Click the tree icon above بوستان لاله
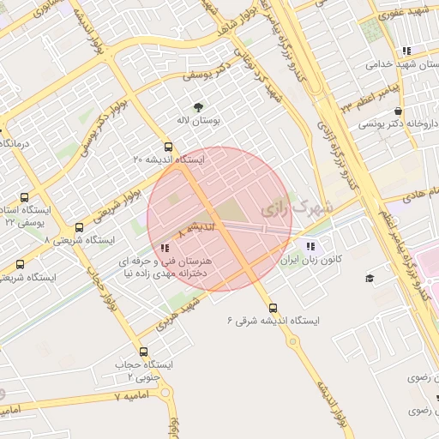click(x=199, y=107)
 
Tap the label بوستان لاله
click(x=199, y=121)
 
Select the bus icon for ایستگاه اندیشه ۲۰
click(x=168, y=146)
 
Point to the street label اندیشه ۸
click(x=191, y=230)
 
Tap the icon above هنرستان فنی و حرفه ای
click(x=165, y=248)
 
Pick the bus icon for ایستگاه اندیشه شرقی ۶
click(x=273, y=308)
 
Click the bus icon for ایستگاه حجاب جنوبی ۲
click(x=142, y=352)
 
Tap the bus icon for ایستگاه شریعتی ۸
click(x=80, y=228)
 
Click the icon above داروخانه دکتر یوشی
click(x=398, y=111)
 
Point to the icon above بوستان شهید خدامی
click(x=406, y=51)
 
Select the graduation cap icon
click(x=370, y=279)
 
